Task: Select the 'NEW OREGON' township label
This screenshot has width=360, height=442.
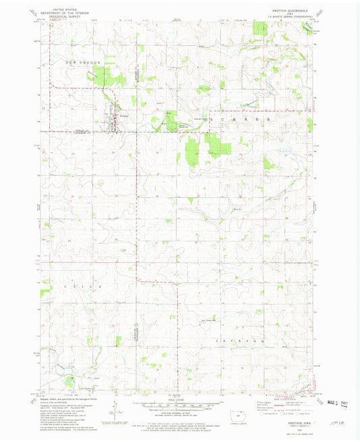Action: click(x=82, y=62)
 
